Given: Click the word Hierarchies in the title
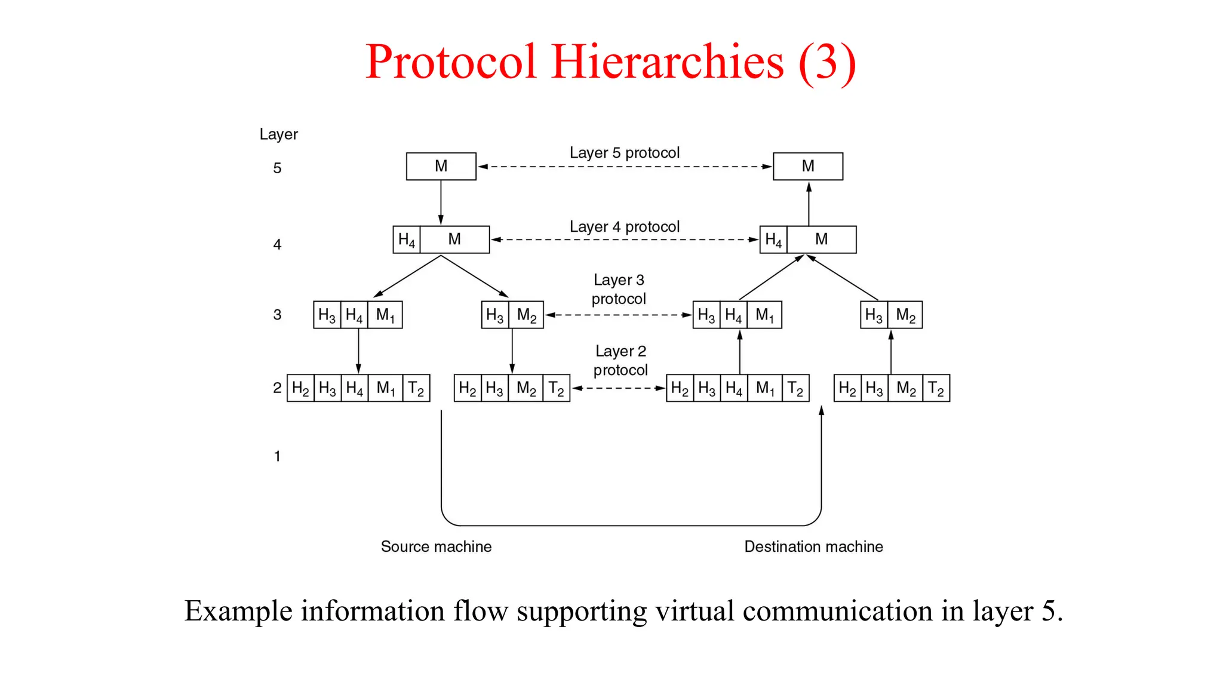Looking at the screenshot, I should coord(667,62).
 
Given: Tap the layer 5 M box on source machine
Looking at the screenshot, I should coord(441,166).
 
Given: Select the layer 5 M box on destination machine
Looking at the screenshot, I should coord(807,166).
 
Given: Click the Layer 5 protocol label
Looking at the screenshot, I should coord(624,153).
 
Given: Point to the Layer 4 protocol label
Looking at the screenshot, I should coord(624,227).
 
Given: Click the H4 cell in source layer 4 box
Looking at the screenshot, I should coord(407,239).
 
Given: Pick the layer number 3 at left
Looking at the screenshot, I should coord(277,315).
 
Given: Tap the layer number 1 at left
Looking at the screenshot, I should coord(277,456).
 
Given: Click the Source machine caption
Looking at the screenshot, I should coord(436,546).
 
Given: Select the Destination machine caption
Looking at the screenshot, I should coord(813,546).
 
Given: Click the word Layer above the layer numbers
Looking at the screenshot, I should coord(278,134).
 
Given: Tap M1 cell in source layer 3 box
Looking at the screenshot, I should coord(385,315).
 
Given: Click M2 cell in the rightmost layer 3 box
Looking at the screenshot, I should coord(905,315).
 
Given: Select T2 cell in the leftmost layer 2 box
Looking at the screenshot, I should coord(416,388).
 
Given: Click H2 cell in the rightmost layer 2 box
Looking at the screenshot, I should coord(847,388).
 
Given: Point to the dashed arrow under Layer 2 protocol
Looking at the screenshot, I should coord(618,388).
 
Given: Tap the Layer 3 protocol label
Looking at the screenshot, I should coord(619,289).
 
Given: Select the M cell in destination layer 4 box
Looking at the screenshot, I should coord(821,239).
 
